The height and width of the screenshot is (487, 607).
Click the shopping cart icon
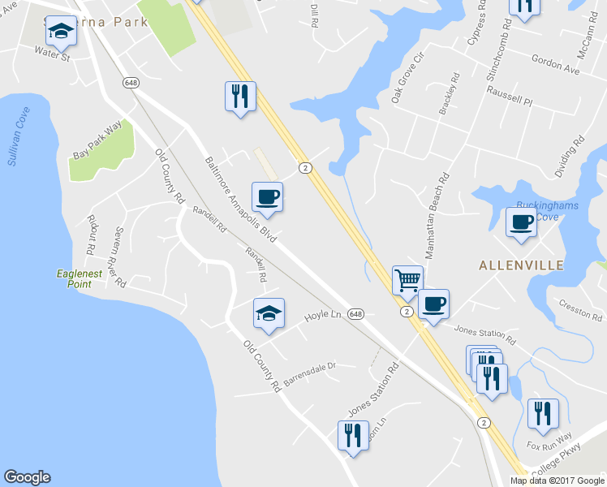(x=407, y=281)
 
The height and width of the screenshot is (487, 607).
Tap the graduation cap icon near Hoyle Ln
(x=269, y=313)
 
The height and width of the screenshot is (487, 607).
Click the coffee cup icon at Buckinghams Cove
(x=521, y=222)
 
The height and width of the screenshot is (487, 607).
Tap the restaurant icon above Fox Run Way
(x=542, y=413)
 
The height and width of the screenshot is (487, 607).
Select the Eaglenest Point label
(x=80, y=278)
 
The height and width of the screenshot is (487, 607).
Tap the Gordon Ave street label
(x=556, y=66)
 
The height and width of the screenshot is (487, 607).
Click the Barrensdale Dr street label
(x=308, y=374)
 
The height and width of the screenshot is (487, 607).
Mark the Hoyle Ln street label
(x=321, y=317)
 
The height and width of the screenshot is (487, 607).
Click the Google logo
(x=27, y=477)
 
